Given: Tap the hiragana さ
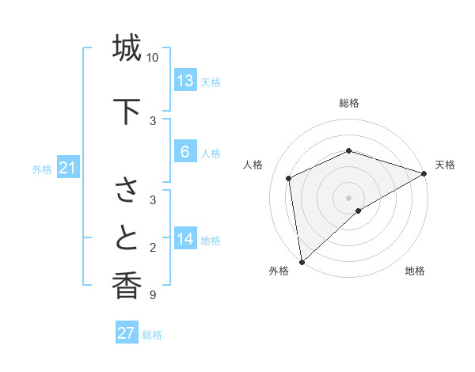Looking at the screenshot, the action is [x=127, y=191].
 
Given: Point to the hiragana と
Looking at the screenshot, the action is [x=127, y=238].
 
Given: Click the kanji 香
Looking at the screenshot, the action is [x=127, y=286].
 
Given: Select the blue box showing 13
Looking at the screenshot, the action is [x=185, y=81].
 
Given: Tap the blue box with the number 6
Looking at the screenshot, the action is [x=185, y=152].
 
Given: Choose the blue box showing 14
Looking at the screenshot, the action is [x=185, y=239].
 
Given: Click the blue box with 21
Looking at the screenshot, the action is [x=68, y=168].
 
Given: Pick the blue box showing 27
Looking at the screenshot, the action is [x=127, y=333].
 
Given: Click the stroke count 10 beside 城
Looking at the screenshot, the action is [x=153, y=58].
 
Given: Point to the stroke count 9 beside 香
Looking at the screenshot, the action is [x=152, y=295].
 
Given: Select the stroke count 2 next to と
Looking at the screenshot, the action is [x=152, y=248].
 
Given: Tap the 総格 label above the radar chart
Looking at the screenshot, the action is [x=349, y=103].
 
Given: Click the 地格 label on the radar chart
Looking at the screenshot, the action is [x=415, y=271].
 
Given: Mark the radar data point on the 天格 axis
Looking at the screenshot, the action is [x=424, y=174].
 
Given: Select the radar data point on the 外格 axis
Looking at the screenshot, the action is [x=301, y=262].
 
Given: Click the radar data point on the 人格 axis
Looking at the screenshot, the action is [x=289, y=178].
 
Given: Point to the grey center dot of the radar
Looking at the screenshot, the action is [x=349, y=197].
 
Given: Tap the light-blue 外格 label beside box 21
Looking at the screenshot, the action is [x=42, y=169].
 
